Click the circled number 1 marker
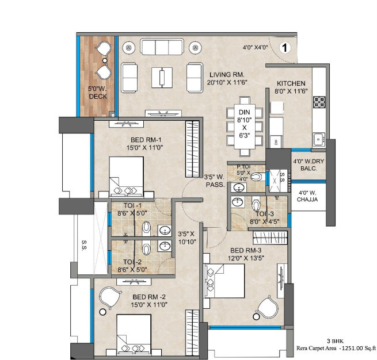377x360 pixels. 284,48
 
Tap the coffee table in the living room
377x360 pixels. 162,76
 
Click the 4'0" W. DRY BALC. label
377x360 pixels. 309,165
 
